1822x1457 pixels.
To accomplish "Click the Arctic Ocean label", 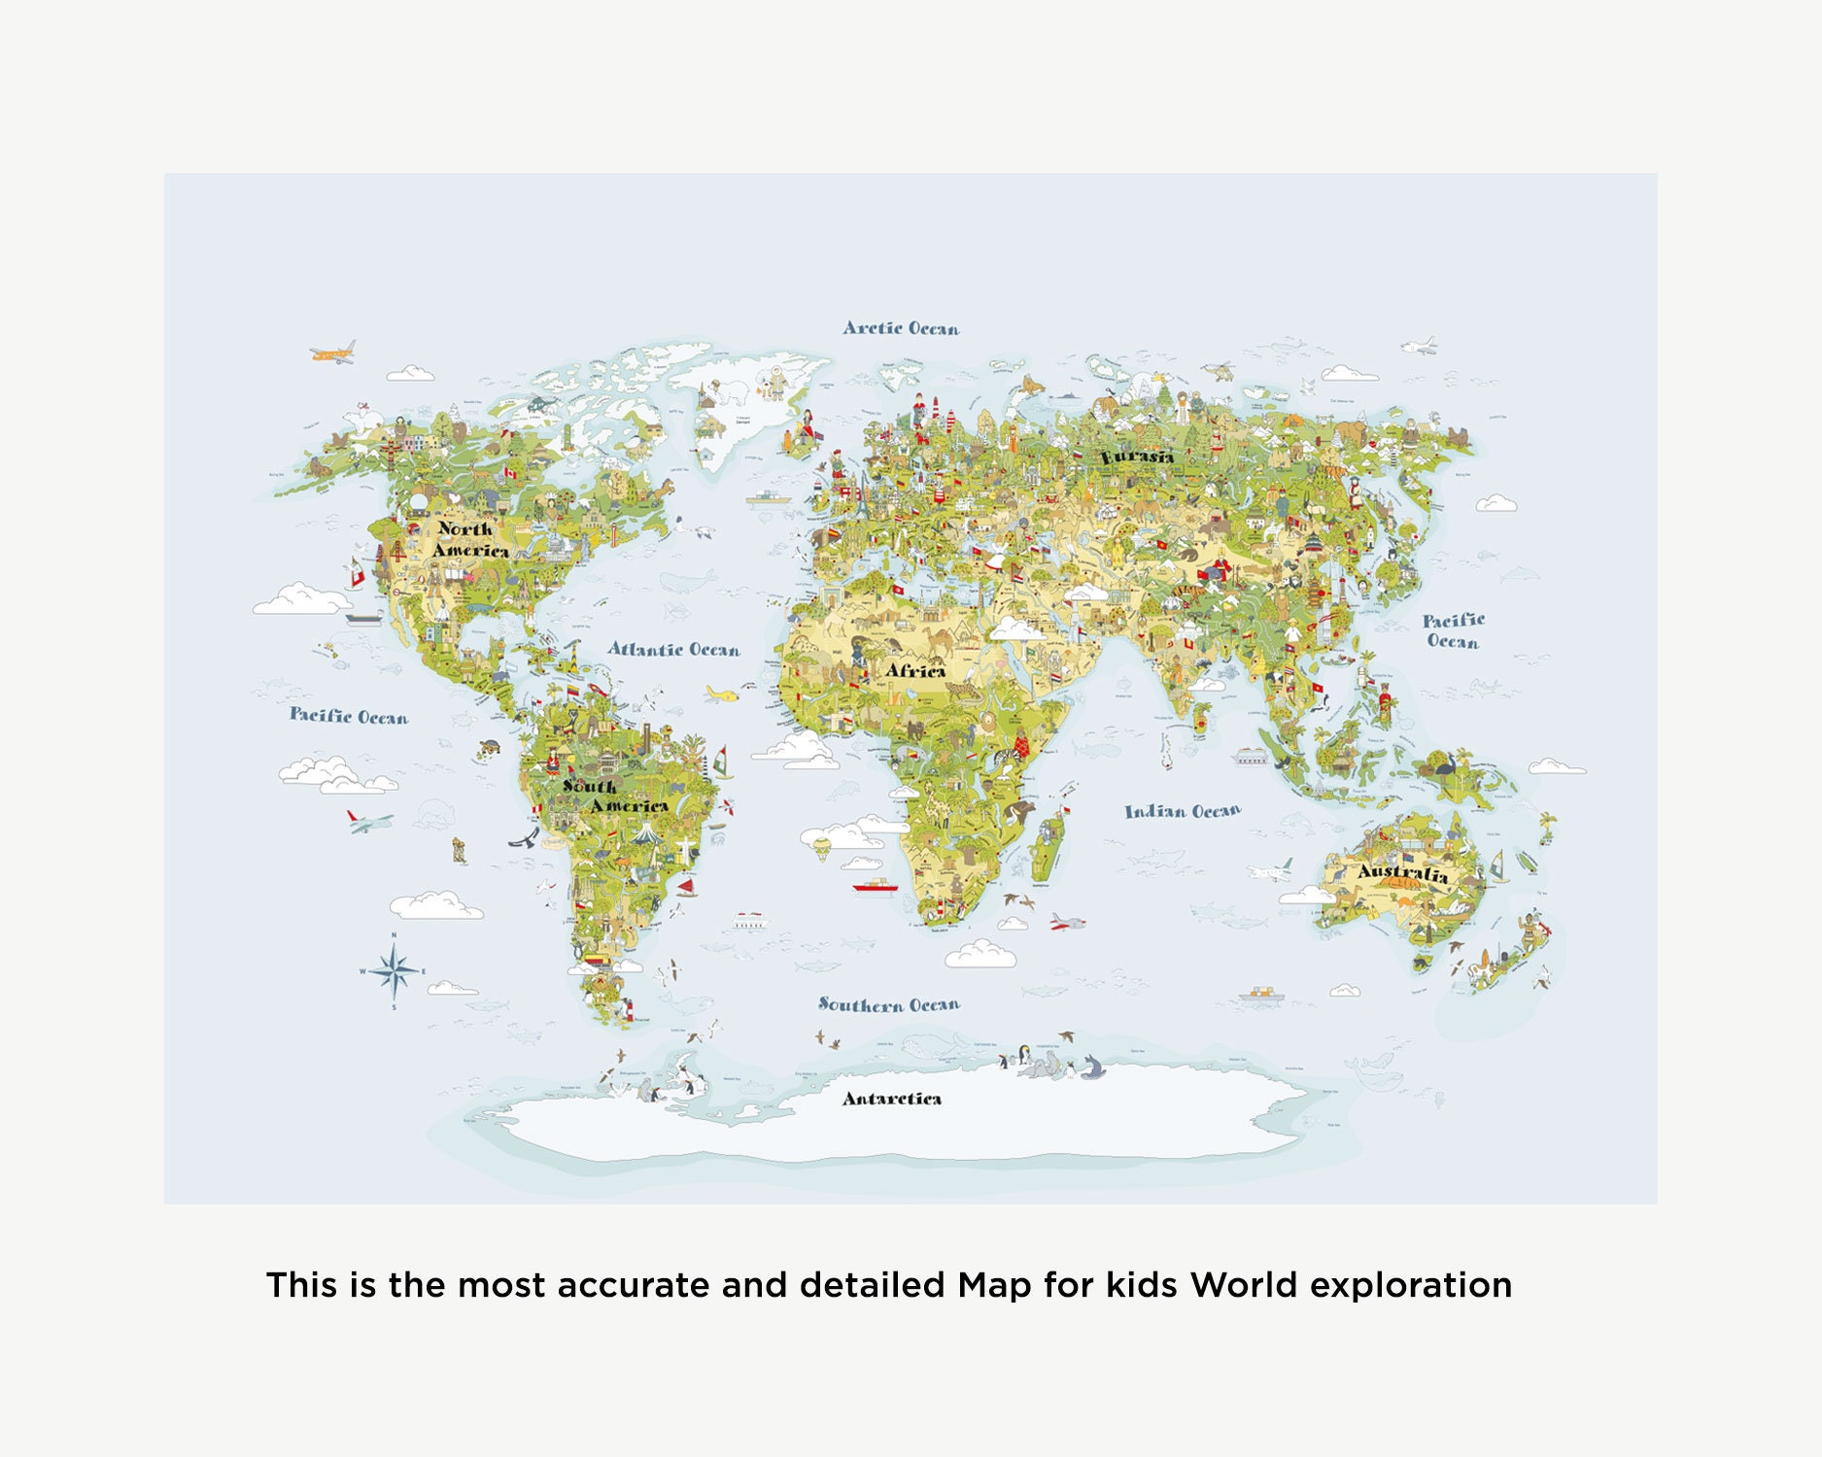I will [901, 328].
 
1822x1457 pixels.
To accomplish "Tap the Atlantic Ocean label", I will [673, 649].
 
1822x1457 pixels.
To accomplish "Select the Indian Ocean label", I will [1183, 811].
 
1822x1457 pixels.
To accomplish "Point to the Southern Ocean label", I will [888, 1004].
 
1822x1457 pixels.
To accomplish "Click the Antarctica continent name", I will [891, 1099].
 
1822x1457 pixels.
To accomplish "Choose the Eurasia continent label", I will [1137, 456].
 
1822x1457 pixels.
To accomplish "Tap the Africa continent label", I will [914, 670].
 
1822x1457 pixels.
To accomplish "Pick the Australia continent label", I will [1402, 872].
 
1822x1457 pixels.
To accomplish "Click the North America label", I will [469, 539].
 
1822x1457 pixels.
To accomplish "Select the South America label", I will [614, 796].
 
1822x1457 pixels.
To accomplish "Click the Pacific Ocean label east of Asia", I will [1453, 630].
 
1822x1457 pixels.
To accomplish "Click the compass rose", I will [394, 970].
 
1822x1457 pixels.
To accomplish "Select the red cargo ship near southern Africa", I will [875, 886].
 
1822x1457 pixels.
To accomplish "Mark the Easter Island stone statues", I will [460, 851].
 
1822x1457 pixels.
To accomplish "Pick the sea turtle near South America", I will [489, 748].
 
